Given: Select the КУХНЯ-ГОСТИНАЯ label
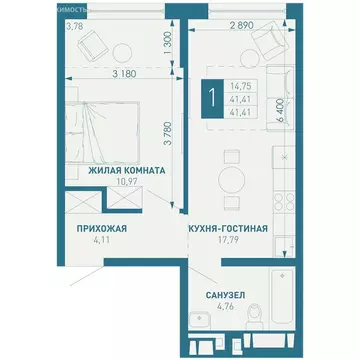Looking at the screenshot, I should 227,229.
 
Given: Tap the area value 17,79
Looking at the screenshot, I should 227,240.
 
